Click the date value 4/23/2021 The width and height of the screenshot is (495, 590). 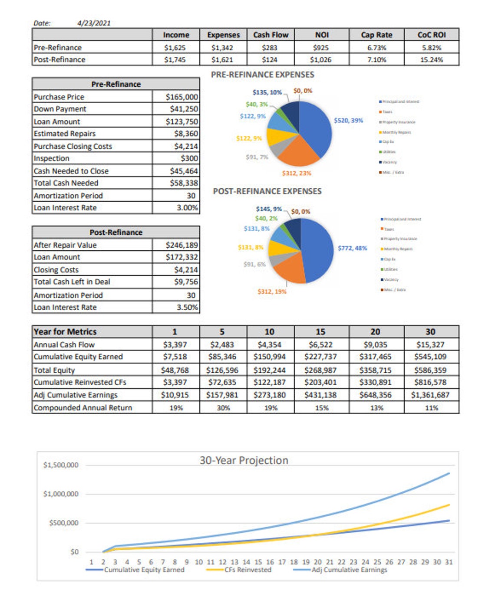tap(94, 23)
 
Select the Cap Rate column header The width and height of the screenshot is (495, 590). tap(376, 35)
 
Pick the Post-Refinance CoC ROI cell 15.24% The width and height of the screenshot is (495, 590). tap(431, 60)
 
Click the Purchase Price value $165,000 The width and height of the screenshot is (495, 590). tap(181, 97)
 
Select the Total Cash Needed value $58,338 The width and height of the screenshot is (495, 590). tap(184, 183)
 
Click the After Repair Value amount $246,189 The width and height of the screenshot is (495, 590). tap(181, 245)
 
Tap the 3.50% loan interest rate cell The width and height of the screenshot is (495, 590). tap(187, 307)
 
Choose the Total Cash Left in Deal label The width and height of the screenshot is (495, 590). tap(72, 282)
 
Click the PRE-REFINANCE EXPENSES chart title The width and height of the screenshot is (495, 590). tap(262, 75)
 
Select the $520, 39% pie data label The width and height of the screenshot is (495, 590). tap(348, 120)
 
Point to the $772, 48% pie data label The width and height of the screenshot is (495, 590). tap(352, 248)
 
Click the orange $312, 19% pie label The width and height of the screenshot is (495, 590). tap(272, 292)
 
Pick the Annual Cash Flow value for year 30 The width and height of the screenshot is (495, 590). tap(430, 345)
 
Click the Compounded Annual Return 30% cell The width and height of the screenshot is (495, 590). tap(223, 408)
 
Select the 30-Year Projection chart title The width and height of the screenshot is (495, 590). tap(244, 460)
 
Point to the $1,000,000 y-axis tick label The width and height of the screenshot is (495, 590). tap(61, 494)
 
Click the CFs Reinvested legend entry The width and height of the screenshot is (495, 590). tap(247, 570)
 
